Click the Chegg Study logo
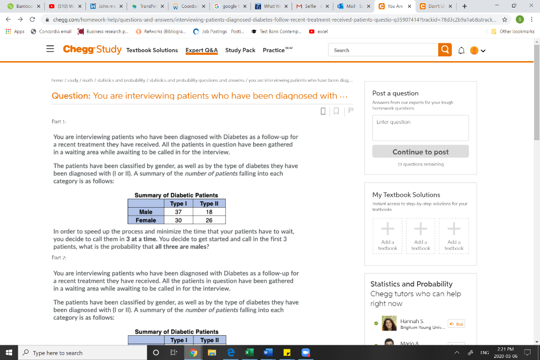(92, 50)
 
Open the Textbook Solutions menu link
(152, 50)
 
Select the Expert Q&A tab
(201, 50)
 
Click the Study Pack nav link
(240, 50)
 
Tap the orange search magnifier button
(445, 50)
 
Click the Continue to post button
(420, 152)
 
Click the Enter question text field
(420, 128)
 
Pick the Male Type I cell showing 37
(178, 212)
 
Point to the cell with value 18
(209, 212)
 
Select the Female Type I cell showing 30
(178, 220)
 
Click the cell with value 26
(209, 220)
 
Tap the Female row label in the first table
(146, 220)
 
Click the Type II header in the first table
(209, 203)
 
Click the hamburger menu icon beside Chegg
(50, 50)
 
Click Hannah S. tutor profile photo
(389, 323)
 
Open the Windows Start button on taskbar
(9, 353)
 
